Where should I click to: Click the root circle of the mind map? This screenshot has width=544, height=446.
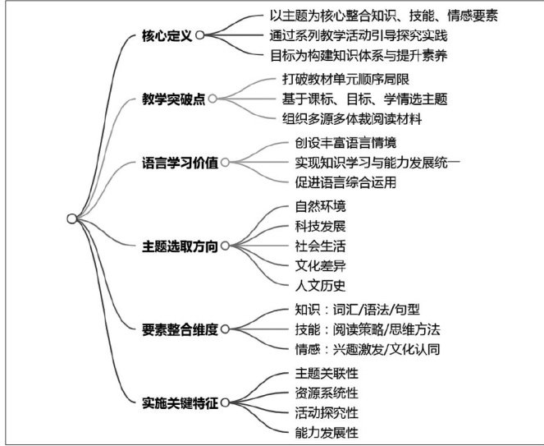(x=72, y=218)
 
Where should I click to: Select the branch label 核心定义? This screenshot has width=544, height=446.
(x=167, y=35)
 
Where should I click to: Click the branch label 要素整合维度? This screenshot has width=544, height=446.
(x=179, y=329)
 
